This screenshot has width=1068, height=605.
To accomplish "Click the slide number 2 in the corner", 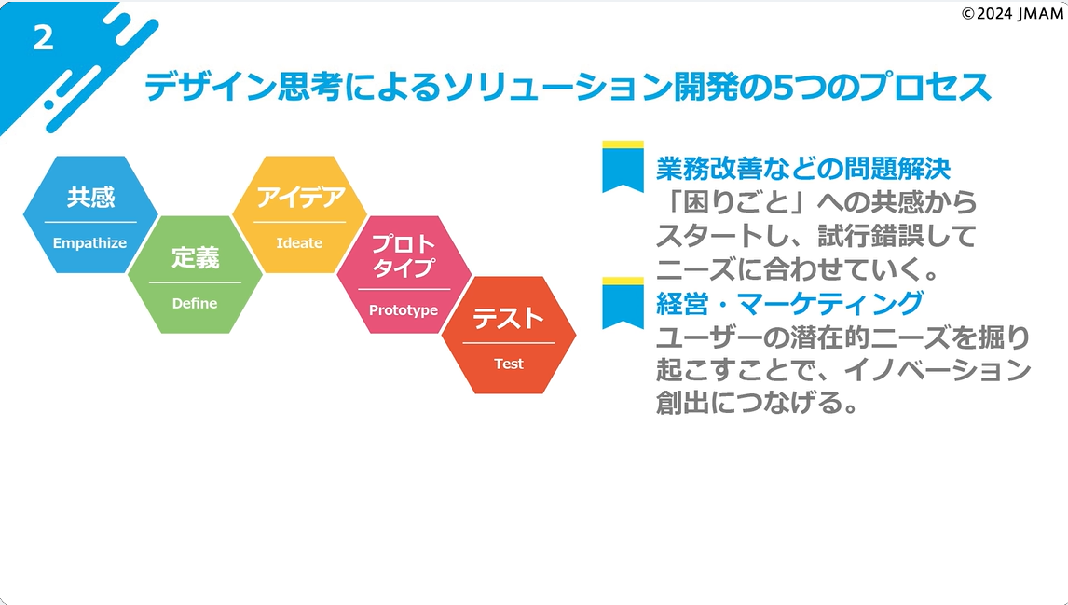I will (43, 38).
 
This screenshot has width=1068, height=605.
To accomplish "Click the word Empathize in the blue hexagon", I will (89, 243).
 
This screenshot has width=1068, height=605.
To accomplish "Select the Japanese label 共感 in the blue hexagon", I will (90, 198).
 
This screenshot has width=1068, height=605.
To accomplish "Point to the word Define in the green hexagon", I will (195, 303).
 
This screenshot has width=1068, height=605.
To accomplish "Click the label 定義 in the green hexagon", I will (195, 258).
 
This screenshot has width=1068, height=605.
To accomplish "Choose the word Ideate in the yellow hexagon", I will (299, 243).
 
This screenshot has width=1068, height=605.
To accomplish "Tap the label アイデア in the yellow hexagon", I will (300, 198).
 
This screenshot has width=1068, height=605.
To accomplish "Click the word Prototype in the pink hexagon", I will (404, 310).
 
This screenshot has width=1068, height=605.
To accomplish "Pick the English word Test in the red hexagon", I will (509, 364).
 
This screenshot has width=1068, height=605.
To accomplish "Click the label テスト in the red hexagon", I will (509, 319).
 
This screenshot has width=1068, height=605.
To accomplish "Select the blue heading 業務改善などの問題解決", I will (803, 169).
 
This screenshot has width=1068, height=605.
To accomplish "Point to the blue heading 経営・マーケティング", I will (790, 303).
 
